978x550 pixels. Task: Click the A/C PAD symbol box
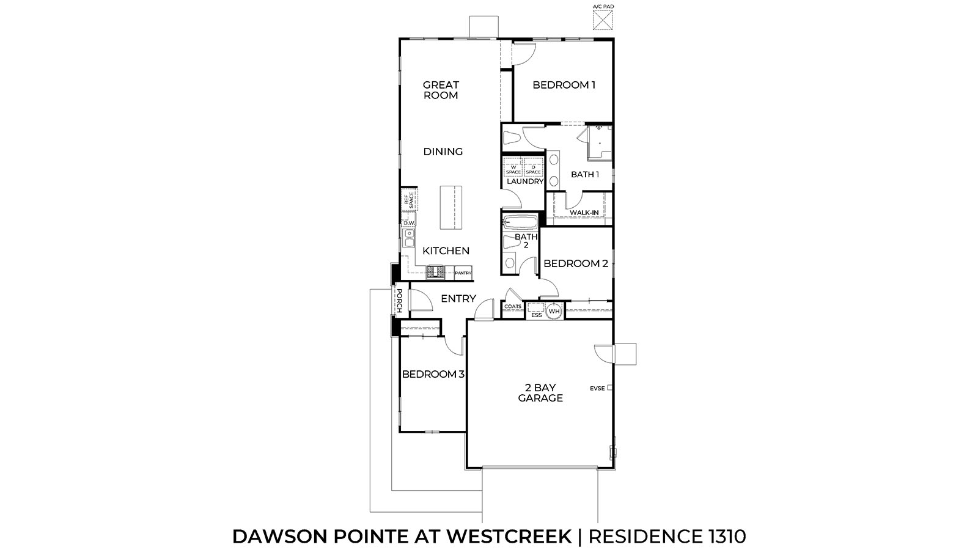click(x=603, y=20)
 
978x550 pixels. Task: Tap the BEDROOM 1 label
click(x=564, y=85)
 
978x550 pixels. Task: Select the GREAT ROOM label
click(x=441, y=90)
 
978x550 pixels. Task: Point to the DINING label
click(x=443, y=152)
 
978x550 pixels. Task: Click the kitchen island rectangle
click(x=451, y=208)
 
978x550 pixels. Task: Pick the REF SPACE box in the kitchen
click(x=409, y=200)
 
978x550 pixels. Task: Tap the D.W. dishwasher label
click(x=409, y=223)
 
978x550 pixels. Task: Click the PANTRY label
click(x=463, y=273)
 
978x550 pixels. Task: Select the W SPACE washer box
click(x=513, y=169)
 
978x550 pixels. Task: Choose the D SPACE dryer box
click(x=534, y=169)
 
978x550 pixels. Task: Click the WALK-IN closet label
click(x=584, y=213)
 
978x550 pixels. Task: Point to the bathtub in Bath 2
click(x=520, y=221)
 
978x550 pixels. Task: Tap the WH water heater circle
click(x=554, y=312)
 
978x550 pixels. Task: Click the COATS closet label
click(x=513, y=306)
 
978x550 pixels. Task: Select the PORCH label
click(x=399, y=301)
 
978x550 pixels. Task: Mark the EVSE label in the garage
click(x=597, y=388)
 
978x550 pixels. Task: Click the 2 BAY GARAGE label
click(x=540, y=392)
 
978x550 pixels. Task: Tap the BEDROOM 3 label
click(x=432, y=374)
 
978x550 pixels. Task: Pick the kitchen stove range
click(x=435, y=271)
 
